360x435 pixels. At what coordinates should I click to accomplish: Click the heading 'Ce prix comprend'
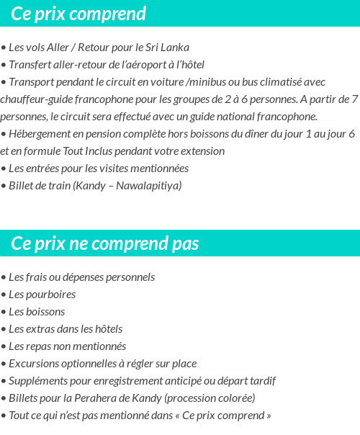coord(78,14)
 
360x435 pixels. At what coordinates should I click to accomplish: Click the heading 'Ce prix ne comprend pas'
coord(105,243)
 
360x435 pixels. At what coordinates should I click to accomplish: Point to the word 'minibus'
coord(207,82)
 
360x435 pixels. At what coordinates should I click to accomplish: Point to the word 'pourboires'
coord(51,295)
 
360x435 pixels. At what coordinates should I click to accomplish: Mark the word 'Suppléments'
coord(40,381)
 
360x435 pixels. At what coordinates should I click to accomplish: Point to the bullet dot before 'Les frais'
coord(4,277)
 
